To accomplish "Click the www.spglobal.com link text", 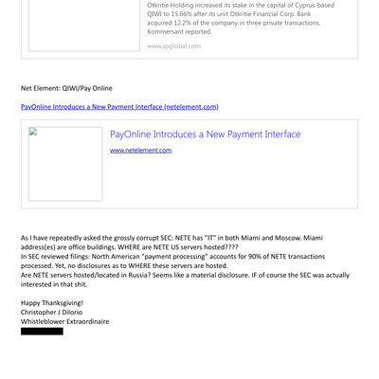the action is click(x=173, y=45).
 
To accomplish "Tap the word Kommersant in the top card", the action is click(x=169, y=31).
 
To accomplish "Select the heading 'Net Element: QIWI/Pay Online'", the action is click(x=66, y=88).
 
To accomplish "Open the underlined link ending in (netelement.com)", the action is click(x=119, y=107).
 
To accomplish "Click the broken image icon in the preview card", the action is click(x=33, y=133).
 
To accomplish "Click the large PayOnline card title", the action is click(x=205, y=135).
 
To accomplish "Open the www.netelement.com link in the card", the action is click(x=140, y=150).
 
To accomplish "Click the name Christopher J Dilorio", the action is click(x=51, y=312).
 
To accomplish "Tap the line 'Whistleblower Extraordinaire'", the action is click(x=64, y=321).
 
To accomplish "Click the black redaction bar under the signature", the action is click(x=42, y=331).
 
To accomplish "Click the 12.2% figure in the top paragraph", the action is click(x=189, y=23).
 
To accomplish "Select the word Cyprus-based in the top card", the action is click(x=311, y=5).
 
